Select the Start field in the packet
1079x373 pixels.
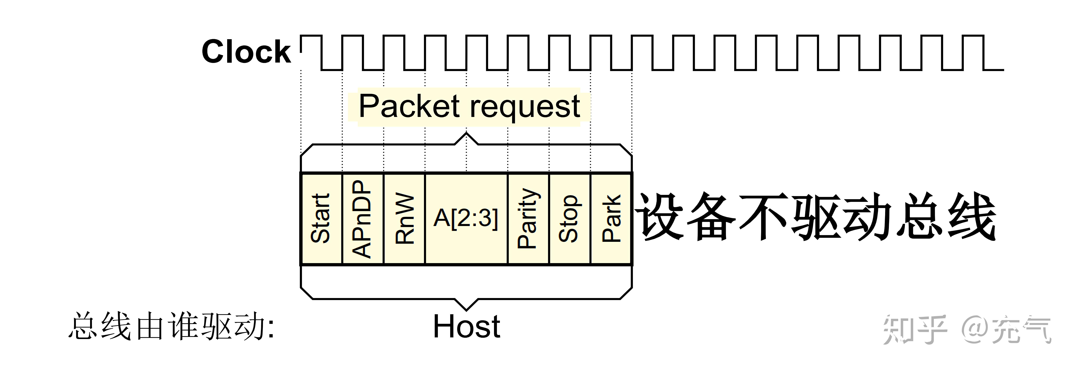tap(321, 218)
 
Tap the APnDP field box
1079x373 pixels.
tap(362, 218)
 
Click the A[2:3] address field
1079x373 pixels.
tap(466, 218)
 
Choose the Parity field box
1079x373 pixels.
tap(528, 218)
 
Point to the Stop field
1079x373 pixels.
tap(569, 218)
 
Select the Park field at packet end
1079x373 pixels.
tap(611, 218)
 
